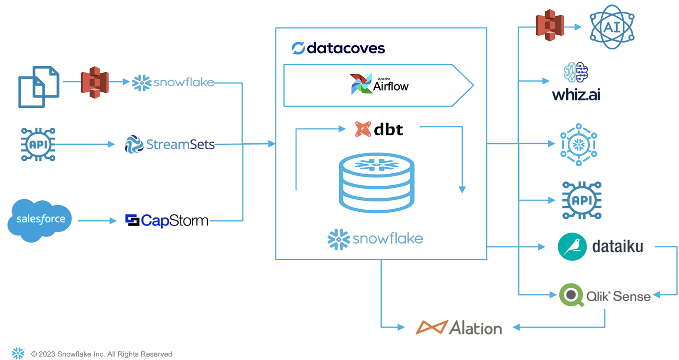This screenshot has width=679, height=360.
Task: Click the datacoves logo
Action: click(x=338, y=48)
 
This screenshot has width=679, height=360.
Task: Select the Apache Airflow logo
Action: click(x=379, y=84)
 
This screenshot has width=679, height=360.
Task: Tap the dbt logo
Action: click(x=379, y=129)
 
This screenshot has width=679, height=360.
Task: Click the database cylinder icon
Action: click(x=376, y=183)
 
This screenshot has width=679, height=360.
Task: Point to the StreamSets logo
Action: click(x=170, y=144)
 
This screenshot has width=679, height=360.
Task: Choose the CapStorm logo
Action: click(x=167, y=220)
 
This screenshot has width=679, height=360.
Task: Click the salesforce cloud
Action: click(x=40, y=220)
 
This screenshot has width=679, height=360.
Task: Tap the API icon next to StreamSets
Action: click(x=38, y=144)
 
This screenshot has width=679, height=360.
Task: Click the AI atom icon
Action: click(x=612, y=27)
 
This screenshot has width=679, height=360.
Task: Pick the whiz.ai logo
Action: click(x=576, y=82)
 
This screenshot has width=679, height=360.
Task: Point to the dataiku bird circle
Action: click(x=572, y=247)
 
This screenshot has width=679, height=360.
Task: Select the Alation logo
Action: click(x=459, y=328)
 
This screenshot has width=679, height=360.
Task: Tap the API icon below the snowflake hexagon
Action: click(x=582, y=200)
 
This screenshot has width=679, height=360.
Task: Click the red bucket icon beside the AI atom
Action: click(x=550, y=26)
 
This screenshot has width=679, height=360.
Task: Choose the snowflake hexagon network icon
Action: click(x=578, y=144)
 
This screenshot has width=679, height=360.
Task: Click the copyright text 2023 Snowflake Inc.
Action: click(x=101, y=354)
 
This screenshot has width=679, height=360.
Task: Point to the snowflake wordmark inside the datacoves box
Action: click(x=375, y=239)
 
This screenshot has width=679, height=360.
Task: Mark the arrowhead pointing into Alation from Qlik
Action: click(x=517, y=327)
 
